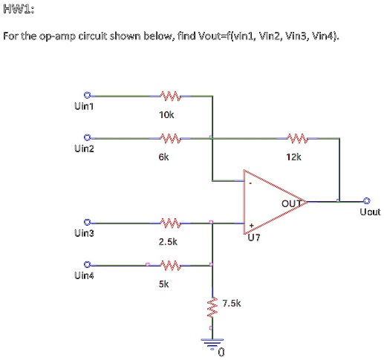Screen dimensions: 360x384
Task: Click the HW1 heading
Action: coord(18,10)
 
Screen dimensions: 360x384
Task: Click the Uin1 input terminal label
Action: coord(83,106)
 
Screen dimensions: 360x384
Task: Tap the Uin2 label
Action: coord(83,148)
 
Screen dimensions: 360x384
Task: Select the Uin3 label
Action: coord(83,233)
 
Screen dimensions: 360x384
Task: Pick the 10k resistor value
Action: coord(166,115)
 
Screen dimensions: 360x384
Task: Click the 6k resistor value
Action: coord(163,157)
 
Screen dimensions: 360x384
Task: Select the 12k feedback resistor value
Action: coord(293,157)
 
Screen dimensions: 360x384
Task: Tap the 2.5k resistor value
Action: coord(167,242)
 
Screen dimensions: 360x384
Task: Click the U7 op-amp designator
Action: coord(255,238)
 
